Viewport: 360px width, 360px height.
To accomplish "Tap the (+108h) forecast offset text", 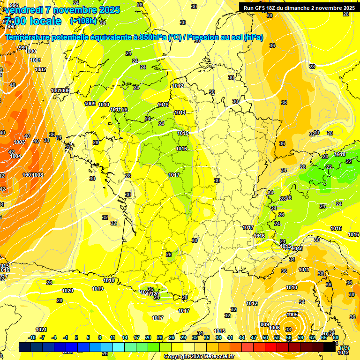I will [83, 21].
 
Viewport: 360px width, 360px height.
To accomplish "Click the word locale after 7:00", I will [45, 21].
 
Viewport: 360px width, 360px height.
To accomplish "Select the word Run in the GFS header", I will [249, 8].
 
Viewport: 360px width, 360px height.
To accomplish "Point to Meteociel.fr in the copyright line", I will [217, 356].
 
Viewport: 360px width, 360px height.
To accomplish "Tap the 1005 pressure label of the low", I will [292, 315].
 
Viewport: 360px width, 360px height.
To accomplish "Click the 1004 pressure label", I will [15, 156].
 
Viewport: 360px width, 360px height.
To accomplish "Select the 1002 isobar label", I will [40, 69].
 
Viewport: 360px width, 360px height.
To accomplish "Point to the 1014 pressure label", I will [180, 112].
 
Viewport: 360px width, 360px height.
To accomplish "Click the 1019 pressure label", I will [97, 289].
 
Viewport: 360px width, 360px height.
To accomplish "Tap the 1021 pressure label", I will [41, 329].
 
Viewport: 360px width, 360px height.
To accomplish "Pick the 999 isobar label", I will [22, 48].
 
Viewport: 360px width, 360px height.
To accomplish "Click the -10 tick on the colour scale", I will [32, 337].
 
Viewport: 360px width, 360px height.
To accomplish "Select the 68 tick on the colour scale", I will [336, 337].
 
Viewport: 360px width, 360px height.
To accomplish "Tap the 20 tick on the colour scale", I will [148, 337].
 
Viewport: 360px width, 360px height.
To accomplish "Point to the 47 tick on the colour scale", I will [254, 337].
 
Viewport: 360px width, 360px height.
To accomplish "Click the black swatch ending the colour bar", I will [330, 347].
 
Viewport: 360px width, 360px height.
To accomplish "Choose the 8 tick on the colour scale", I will [100, 337].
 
